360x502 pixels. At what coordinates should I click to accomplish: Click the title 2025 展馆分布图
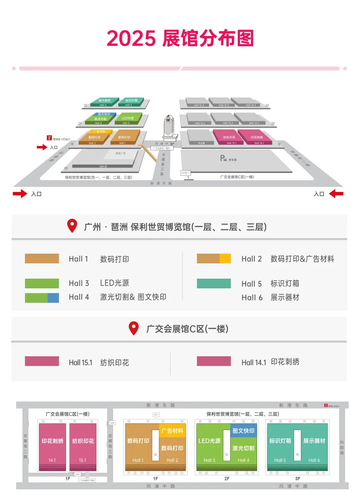pyautogui.click(x=180, y=38)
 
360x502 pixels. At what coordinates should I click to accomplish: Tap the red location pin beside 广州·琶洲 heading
pyautogui.click(x=72, y=226)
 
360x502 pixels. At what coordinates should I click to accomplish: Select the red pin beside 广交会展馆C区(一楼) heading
pyautogui.click(x=134, y=328)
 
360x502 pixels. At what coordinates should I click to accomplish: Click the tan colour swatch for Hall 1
pyautogui.click(x=42, y=259)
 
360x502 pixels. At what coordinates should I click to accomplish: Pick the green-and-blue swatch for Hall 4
pyautogui.click(x=42, y=298)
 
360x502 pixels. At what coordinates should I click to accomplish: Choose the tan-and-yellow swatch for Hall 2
pyautogui.click(x=214, y=259)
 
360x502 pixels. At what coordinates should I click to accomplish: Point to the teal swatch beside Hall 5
pyautogui.click(x=214, y=284)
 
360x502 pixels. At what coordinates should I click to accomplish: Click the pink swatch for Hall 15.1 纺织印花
pyautogui.click(x=42, y=361)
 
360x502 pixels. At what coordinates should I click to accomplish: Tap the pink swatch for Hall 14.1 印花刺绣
pyautogui.click(x=214, y=361)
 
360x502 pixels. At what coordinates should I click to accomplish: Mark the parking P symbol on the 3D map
pyautogui.click(x=223, y=158)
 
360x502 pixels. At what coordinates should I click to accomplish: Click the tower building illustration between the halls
pyautogui.click(x=169, y=127)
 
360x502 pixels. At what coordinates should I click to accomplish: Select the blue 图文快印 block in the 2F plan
pyautogui.click(x=243, y=431)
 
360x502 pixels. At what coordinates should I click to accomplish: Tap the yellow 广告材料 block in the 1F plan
pyautogui.click(x=172, y=431)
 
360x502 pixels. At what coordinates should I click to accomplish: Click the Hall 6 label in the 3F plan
pyautogui.click(x=314, y=460)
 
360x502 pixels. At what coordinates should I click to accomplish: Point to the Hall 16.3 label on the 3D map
pyautogui.click(x=199, y=105)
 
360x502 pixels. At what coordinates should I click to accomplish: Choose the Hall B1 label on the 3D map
pyautogui.click(x=103, y=166)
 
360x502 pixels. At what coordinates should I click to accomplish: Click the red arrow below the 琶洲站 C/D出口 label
pyautogui.click(x=42, y=147)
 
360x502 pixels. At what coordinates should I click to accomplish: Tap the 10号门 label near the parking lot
pyautogui.click(x=185, y=173)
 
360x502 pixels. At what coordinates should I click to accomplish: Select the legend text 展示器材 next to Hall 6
pyautogui.click(x=285, y=297)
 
